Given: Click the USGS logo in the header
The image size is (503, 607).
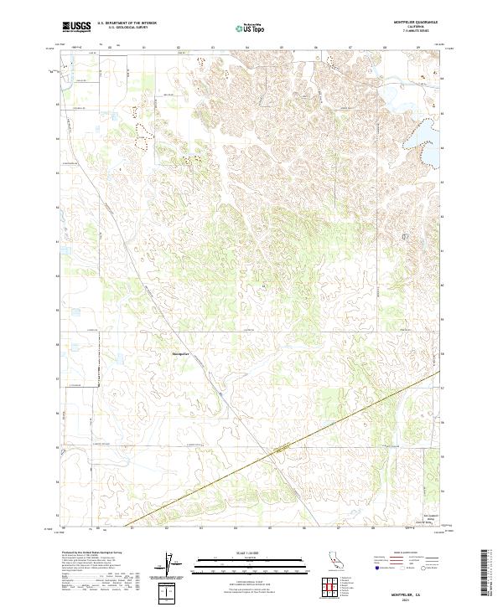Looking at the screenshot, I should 75,27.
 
